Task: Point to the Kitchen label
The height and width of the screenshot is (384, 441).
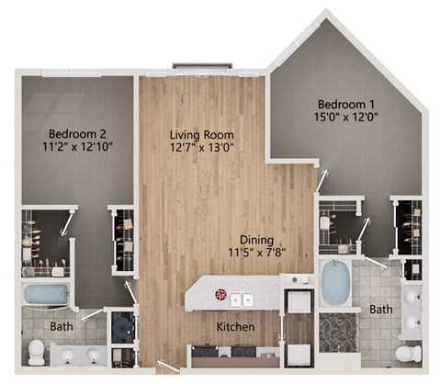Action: coord(236,327)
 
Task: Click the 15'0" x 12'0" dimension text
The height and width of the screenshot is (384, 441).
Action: coord(347,117)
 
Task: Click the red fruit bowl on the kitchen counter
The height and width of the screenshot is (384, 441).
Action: coord(220,296)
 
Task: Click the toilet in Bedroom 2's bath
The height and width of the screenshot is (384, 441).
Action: coord(36,351)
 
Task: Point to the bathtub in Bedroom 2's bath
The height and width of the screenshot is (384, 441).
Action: coord(46,295)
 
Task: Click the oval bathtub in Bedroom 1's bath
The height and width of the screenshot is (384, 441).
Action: coord(335,283)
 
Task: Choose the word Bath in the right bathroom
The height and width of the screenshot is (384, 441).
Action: coord(380,310)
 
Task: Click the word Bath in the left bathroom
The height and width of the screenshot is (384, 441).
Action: coord(62,326)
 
